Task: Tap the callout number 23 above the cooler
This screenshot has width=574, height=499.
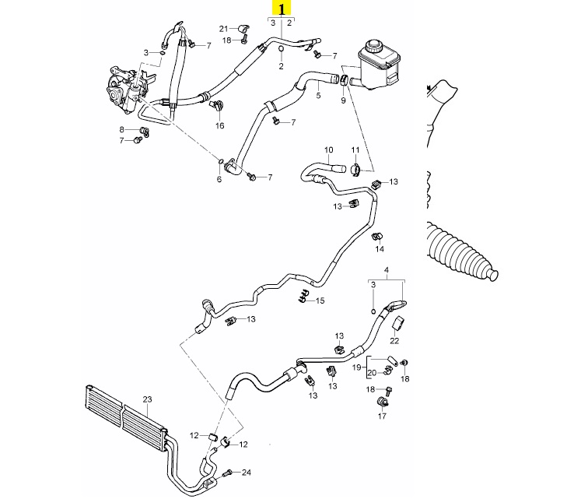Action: point(147,399)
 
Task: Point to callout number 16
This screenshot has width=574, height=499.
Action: point(219,125)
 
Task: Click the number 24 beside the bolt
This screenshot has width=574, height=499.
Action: point(247,473)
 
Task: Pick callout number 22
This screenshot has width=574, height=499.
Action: point(394,341)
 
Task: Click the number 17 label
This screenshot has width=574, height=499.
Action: point(382,416)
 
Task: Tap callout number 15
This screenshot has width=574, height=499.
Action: point(320,300)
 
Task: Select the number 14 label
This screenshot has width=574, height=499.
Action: point(380,249)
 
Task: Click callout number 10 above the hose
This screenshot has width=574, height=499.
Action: point(329,149)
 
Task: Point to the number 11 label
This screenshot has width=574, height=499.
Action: point(355,149)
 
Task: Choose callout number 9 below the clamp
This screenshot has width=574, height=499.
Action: point(343,100)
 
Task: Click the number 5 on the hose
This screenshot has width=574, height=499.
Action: point(318,95)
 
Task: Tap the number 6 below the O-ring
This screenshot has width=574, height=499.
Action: point(219,179)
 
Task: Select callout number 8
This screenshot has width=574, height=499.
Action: point(121,129)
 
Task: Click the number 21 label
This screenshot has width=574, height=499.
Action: point(224,29)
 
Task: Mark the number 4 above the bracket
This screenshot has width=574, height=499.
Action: point(387,271)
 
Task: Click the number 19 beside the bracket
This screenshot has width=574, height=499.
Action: point(356,367)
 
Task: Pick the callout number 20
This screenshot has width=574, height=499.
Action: point(372,373)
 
